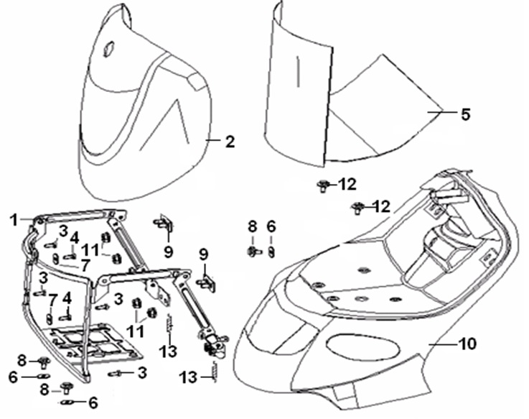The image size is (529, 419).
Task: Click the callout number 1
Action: click(12, 218)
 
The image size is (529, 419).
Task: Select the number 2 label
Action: click(230, 142)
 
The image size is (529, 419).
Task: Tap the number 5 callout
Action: click(465, 114)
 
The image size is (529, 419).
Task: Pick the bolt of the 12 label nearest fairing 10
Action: click(357, 208)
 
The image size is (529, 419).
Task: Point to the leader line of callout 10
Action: click(445, 344)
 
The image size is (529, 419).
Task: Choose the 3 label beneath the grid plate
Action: click(142, 372)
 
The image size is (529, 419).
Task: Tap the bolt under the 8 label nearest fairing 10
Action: click(253, 251)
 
